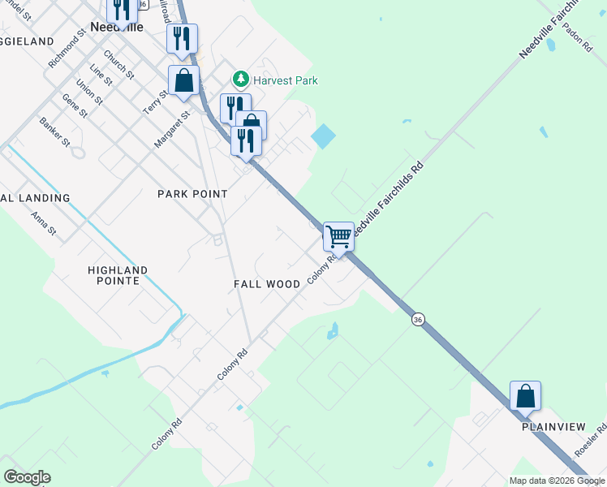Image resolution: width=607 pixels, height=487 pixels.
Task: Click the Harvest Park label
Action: (284, 80)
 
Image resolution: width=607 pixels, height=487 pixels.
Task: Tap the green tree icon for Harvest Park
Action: (240, 80)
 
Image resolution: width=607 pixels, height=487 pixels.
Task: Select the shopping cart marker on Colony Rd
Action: (338, 237)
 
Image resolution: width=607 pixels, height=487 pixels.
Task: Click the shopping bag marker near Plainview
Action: (525, 396)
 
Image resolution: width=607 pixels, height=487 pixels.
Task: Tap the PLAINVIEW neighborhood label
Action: (553, 426)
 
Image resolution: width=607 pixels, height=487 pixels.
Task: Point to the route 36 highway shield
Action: (418, 320)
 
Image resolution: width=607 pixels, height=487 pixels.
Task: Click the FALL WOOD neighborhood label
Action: (267, 284)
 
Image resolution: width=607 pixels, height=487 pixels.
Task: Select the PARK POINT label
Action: (192, 194)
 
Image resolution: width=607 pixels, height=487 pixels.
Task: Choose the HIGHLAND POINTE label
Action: (118, 275)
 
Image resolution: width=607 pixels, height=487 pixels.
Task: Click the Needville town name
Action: (117, 27)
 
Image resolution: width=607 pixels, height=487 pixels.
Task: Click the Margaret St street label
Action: (172, 130)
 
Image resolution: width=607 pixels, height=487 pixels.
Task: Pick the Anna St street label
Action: (43, 224)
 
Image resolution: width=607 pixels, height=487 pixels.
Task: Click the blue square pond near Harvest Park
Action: (323, 136)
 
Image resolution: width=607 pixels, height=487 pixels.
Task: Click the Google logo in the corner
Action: (27, 477)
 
